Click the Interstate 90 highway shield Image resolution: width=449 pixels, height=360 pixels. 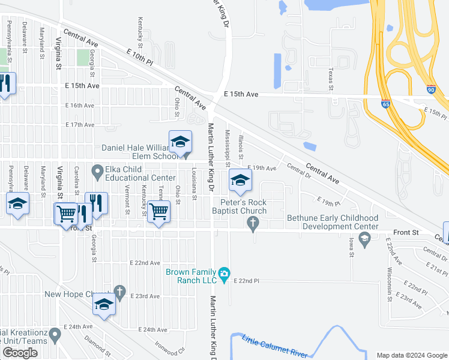click(x=432, y=89)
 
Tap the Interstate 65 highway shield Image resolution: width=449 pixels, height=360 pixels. click(x=385, y=104)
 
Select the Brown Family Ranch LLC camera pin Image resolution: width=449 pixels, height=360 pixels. click(x=224, y=274)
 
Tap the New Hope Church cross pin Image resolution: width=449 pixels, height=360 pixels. click(x=119, y=292)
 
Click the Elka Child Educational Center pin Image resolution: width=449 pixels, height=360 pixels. click(x=97, y=172)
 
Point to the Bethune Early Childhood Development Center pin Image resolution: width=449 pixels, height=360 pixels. click(x=364, y=239)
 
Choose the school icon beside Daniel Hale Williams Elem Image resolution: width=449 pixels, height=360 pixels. click(x=180, y=142)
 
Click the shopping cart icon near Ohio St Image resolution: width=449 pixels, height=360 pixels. click(x=159, y=211)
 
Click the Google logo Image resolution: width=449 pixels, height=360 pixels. click(x=20, y=353)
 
